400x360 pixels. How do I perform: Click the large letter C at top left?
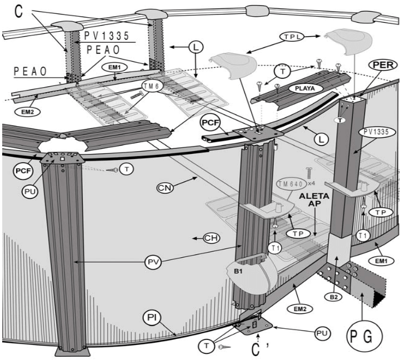(18, 12)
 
